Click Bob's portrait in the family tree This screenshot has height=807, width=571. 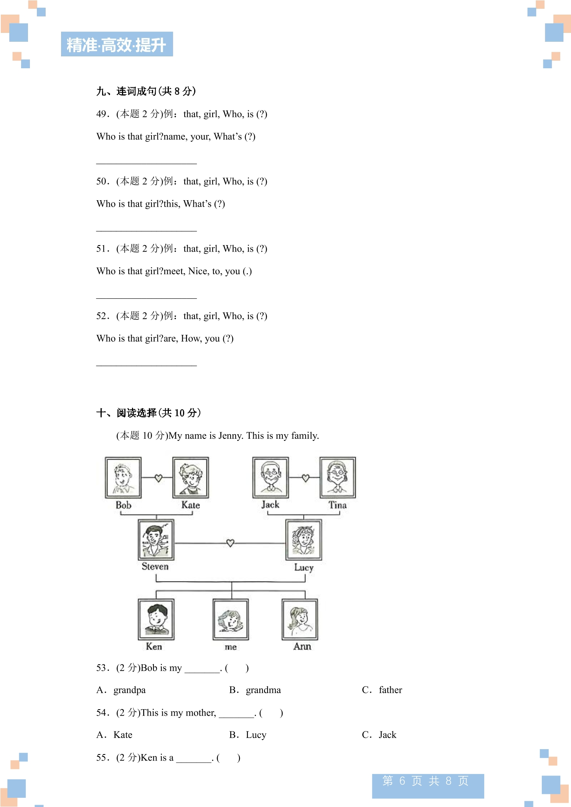(x=123, y=478)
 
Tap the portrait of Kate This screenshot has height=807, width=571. (x=190, y=478)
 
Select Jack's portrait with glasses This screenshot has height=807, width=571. (x=271, y=478)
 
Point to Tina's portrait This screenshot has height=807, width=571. (x=338, y=478)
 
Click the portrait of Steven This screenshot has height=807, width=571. (x=156, y=540)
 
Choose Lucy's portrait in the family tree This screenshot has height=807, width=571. (x=304, y=540)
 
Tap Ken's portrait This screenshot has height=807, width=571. (x=156, y=619)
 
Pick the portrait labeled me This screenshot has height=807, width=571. (x=231, y=619)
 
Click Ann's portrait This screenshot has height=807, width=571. (x=300, y=619)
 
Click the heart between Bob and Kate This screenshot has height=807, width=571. (x=158, y=478)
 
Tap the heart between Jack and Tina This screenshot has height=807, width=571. (x=305, y=478)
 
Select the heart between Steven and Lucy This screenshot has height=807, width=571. (x=230, y=543)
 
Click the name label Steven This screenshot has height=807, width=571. (x=155, y=567)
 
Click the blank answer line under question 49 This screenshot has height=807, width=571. (x=146, y=164)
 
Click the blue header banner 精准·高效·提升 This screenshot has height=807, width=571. (x=117, y=44)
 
